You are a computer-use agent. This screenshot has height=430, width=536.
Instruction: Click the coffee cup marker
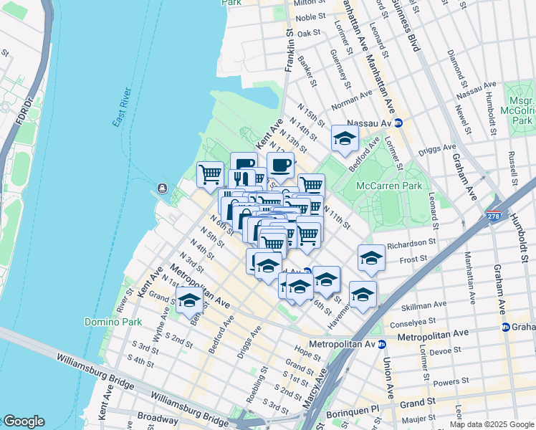coord(280,166)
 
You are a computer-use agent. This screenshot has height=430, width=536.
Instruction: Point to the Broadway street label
coord(159,419)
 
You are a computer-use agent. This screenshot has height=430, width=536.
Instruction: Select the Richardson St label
coord(411,244)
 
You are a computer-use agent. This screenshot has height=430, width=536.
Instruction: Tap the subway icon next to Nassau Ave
coord(399,123)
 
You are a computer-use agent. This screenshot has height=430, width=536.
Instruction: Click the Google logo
coord(24,421)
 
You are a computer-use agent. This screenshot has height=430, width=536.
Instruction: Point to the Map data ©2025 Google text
coord(491,424)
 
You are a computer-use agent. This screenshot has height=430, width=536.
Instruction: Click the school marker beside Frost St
coord(370,259)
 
